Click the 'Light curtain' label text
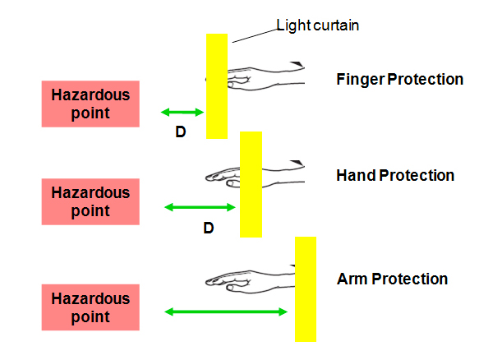(x=318, y=25)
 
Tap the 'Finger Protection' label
(x=400, y=79)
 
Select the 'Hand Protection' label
(x=395, y=176)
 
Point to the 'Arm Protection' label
(x=392, y=279)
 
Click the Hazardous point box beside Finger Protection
(x=90, y=104)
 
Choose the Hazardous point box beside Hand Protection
(x=90, y=201)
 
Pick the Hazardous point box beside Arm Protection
(x=90, y=307)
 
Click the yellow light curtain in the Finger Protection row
(x=217, y=86)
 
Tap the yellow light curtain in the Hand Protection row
(x=251, y=184)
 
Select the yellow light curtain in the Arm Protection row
(x=306, y=289)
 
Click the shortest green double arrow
(x=182, y=112)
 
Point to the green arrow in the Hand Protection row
(x=200, y=207)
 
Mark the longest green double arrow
(x=226, y=312)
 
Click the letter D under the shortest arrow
(x=181, y=132)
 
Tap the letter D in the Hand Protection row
(x=209, y=228)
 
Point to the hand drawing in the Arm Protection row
(x=250, y=279)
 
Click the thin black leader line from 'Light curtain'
(x=255, y=36)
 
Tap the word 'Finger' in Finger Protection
(x=360, y=80)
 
